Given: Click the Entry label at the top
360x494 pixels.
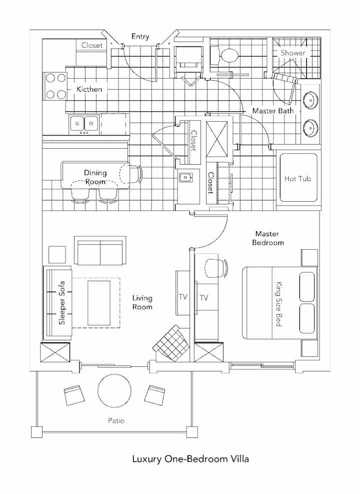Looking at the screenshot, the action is point(140,37).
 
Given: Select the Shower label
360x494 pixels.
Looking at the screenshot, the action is point(293,53).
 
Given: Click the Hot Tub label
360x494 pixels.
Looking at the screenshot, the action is point(297,179).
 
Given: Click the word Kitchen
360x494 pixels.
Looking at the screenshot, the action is point(89,89).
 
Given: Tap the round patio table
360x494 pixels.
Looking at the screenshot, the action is point(114,391).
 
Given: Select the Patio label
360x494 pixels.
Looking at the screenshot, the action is point(116,420).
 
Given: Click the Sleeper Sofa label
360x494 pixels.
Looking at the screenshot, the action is point(62,303).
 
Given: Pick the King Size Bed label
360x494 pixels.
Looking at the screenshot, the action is point(279,304).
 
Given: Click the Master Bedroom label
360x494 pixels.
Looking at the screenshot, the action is point(268,238).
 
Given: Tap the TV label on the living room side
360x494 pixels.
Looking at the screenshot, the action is point(183,297).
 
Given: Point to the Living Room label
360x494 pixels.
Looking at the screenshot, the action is point(142,302).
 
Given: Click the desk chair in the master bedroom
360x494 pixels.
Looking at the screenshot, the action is point(216,268).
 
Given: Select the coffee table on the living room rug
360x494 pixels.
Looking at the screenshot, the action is point(99,303).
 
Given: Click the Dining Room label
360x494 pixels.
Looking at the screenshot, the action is point(95,177).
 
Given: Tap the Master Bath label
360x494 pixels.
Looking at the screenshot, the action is point(273,111).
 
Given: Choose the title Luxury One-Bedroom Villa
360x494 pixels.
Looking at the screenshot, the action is point(190,458).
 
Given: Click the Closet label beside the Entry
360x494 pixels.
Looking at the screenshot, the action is point(92,45).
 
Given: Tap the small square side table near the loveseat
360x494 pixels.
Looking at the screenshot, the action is point(57,255).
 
